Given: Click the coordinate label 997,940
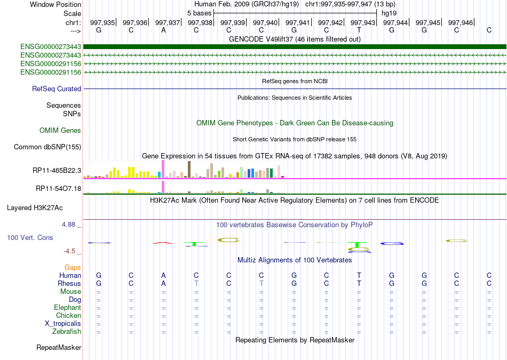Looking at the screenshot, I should click(265, 22).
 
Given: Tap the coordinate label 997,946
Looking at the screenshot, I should click(460, 22).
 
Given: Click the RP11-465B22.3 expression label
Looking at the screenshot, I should click(57, 170).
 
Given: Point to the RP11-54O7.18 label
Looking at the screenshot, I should click(58, 189).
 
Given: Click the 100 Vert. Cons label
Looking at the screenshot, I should click(30, 237).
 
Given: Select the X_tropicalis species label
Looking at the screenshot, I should click(63, 324).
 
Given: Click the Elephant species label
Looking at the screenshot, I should click(67, 308).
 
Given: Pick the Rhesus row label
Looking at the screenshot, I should click(70, 284).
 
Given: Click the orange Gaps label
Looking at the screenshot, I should click(73, 267).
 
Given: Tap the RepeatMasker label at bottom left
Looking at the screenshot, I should click(59, 348).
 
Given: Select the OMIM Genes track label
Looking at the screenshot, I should click(60, 131).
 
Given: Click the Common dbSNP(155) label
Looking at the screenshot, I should click(47, 147).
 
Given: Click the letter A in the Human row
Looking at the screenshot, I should click(163, 276).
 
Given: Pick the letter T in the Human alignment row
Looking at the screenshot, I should click(359, 276).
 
